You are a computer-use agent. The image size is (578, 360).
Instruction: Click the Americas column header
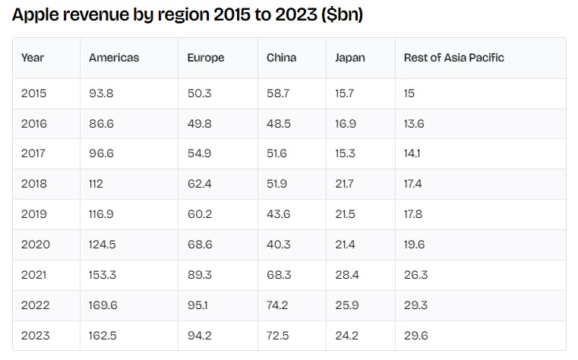tap(114, 58)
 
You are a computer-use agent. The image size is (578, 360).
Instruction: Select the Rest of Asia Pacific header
tap(453, 58)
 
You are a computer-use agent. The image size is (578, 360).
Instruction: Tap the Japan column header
tap(350, 58)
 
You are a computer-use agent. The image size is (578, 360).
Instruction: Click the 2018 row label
tap(34, 184)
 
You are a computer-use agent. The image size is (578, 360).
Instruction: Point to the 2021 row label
tap(34, 275)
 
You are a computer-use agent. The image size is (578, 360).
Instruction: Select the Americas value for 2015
tap(101, 93)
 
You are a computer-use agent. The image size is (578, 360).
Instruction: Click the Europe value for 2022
tap(197, 305)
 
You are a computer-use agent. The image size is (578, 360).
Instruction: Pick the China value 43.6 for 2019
tap(278, 214)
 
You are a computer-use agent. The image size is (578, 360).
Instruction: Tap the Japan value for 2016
tap(346, 124)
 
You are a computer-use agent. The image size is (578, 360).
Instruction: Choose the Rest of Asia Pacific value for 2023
tap(415, 336)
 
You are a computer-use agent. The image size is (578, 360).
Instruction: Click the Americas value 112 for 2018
tap(96, 184)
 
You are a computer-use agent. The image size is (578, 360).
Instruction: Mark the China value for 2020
tap(278, 245)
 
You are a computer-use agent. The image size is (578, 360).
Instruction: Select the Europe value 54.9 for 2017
tap(200, 153)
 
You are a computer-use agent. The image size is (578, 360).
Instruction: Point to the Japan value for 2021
tap(347, 275)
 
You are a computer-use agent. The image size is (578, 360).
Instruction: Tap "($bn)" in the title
tap(342, 15)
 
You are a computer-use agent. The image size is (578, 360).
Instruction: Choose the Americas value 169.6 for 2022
tap(103, 305)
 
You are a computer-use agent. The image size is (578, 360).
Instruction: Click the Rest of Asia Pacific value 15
tap(409, 93)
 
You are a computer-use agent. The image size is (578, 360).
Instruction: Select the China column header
tap(281, 58)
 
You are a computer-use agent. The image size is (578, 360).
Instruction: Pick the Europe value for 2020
tap(200, 245)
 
